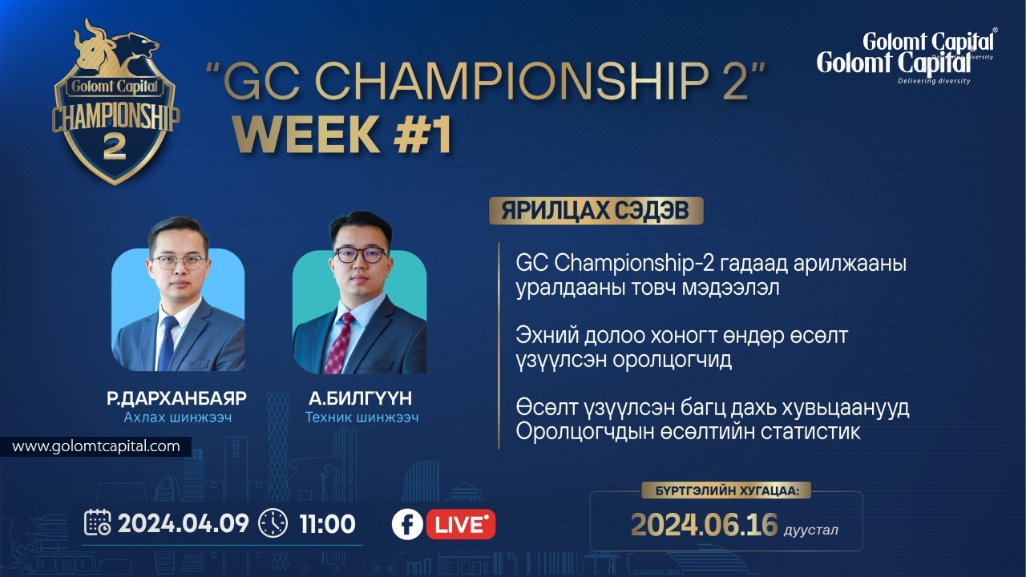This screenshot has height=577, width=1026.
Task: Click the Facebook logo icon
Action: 407,524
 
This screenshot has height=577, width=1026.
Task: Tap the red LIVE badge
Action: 461,524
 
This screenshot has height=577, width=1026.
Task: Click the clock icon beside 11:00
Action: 273,523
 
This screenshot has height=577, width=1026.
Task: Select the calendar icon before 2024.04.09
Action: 98,522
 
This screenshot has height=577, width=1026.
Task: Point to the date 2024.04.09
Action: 184,523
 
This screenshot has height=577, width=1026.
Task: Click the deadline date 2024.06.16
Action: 704,525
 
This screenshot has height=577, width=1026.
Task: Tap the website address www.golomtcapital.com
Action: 96,446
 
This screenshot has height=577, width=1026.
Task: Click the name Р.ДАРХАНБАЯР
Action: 177,398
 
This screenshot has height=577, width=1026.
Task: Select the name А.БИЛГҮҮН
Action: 361,398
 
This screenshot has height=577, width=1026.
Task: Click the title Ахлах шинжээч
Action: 178,418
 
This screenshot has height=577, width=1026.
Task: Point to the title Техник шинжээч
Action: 362,418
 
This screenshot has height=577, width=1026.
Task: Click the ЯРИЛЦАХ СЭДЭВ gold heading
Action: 596,211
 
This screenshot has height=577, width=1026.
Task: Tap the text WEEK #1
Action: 342,134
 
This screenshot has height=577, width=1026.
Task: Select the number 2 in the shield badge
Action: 115,148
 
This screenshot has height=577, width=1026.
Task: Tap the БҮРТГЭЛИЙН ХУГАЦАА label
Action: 727,491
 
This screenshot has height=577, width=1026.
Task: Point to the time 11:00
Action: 328,524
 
